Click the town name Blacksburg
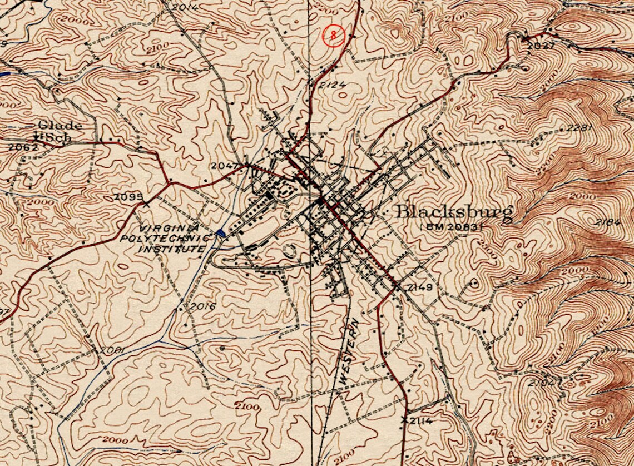[x=453, y=212]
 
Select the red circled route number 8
[x=333, y=36]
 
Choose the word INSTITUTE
[x=171, y=250]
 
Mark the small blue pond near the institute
[x=221, y=234]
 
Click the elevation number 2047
[x=225, y=166]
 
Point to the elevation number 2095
[x=128, y=196]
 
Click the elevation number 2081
[x=111, y=350]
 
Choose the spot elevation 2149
[x=419, y=287]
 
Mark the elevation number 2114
[x=421, y=421]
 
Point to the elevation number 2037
[x=541, y=46]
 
